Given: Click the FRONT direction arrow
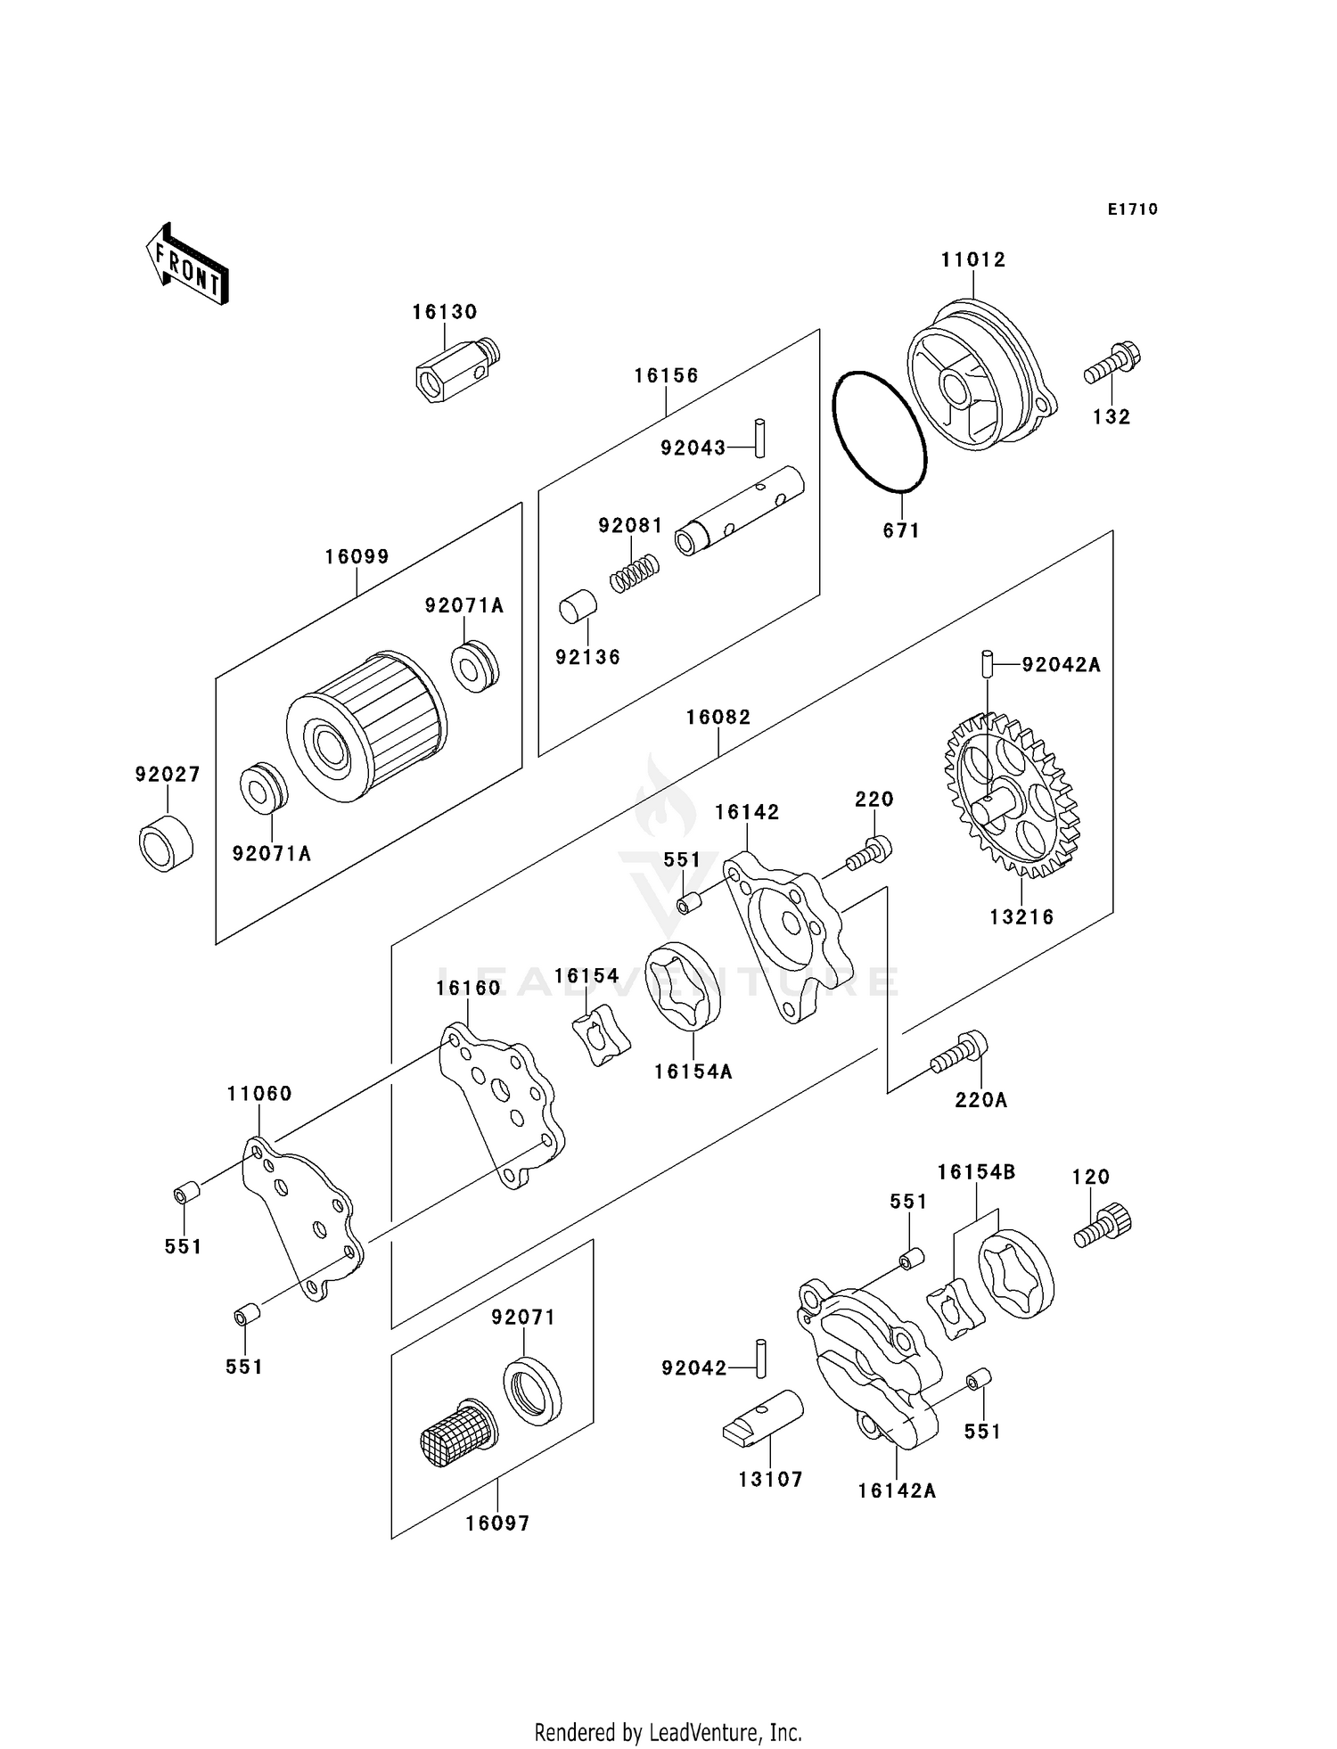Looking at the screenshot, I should point(187,266).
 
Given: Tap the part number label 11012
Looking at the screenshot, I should point(973,260).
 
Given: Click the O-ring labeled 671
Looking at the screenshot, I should point(879,431).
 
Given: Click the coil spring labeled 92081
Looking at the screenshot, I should point(635,571).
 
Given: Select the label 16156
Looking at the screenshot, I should point(667,376).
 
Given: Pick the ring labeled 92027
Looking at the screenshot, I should point(167,842).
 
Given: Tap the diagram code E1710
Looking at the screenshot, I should point(1133,209).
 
